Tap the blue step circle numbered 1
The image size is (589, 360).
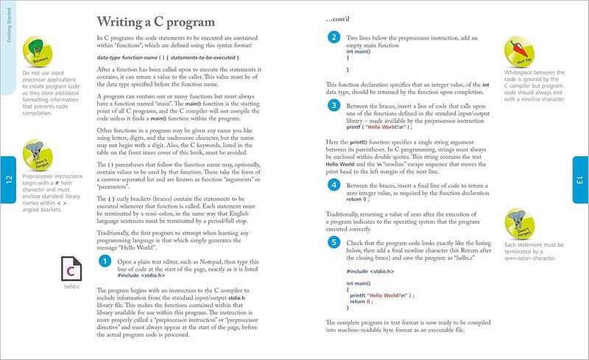[x=105, y=261]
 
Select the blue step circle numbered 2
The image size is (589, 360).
[x=334, y=38]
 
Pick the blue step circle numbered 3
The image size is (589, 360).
[x=334, y=107]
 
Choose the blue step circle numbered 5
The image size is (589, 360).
[x=334, y=241]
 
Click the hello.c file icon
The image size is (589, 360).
[x=72, y=269]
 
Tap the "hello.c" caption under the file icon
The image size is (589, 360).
[x=72, y=287]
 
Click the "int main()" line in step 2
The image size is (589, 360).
[x=359, y=52]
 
